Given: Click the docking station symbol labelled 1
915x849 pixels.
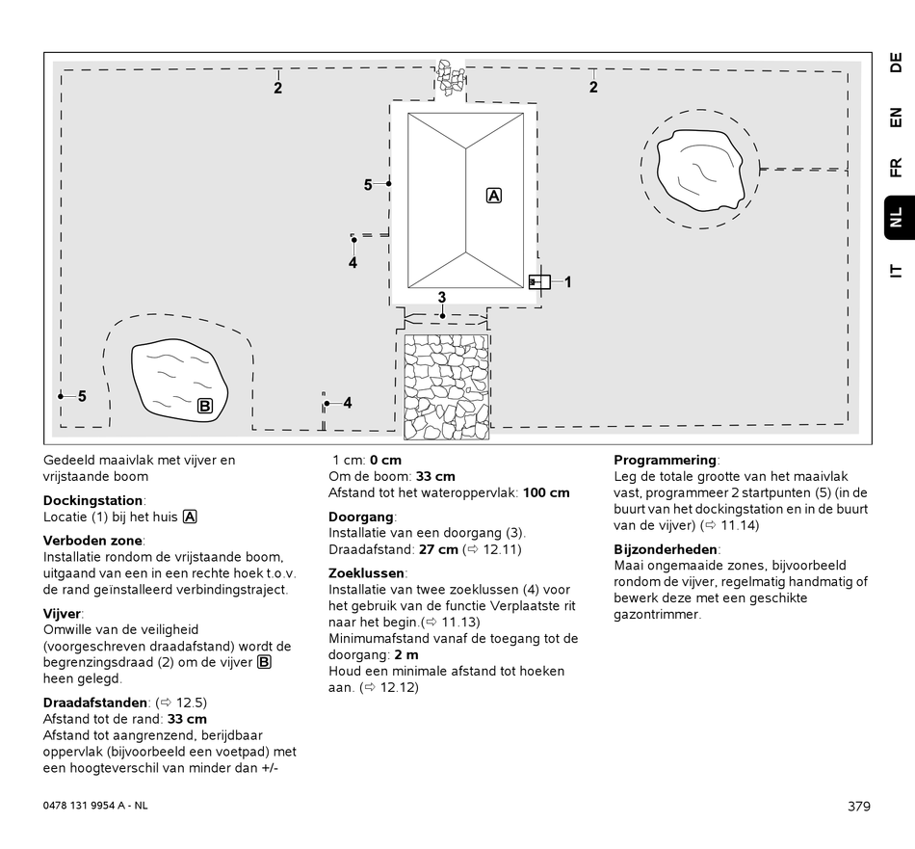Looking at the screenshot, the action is [x=539, y=282].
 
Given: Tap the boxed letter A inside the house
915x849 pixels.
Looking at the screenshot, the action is [x=494, y=196].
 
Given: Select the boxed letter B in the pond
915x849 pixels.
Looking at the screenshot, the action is [x=205, y=406].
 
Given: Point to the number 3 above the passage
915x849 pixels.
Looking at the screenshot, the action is [x=442, y=297].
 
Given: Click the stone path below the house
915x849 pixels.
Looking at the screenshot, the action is [x=446, y=386].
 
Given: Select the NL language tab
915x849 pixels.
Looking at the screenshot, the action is [x=895, y=217].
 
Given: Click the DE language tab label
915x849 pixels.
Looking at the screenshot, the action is [x=895, y=64].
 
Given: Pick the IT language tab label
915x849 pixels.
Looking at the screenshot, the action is [x=895, y=271].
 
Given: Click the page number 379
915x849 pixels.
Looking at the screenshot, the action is [x=859, y=806].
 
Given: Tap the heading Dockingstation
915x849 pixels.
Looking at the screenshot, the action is [x=93, y=500].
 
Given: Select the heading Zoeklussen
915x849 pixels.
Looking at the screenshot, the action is [x=367, y=572].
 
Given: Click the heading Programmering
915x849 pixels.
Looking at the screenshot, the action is [x=666, y=460].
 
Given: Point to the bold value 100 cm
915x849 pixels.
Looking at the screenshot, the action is [x=546, y=492].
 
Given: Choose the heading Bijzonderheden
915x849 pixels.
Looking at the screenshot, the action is [x=666, y=549].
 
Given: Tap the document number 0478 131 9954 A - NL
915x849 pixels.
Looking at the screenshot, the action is [x=96, y=806].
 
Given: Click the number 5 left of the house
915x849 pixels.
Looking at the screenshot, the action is [x=368, y=184].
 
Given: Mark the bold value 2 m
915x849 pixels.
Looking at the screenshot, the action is [x=406, y=654].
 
